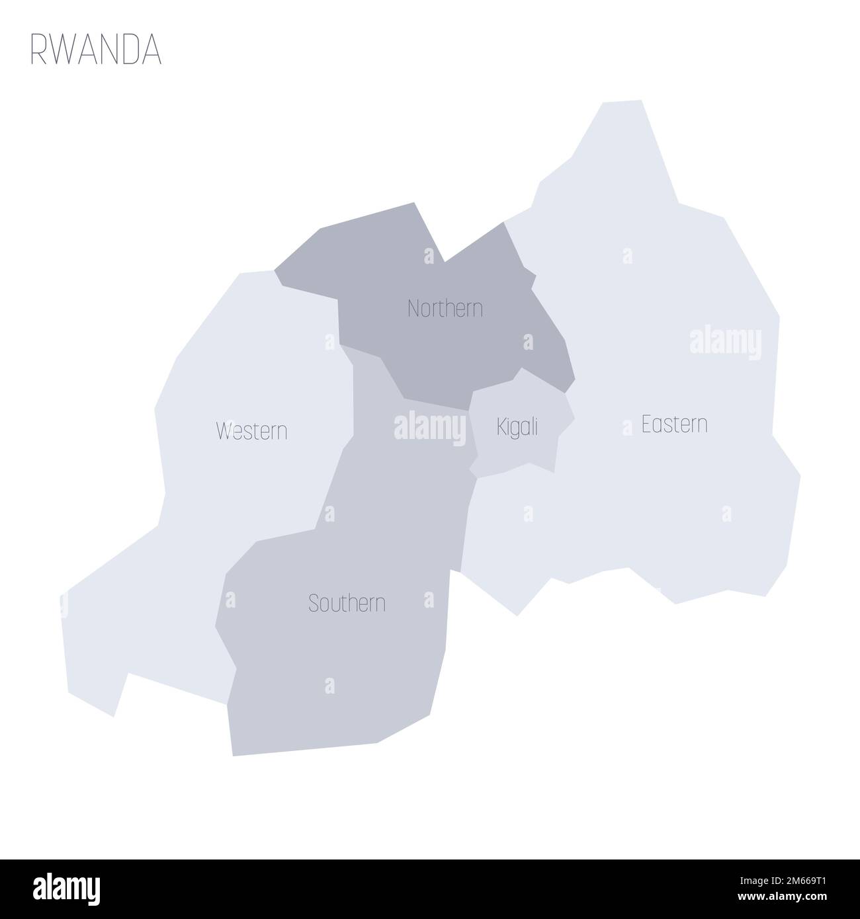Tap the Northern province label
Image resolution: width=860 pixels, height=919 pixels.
(x=445, y=308)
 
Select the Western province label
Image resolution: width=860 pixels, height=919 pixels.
(x=251, y=432)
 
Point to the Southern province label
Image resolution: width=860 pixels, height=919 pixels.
(x=347, y=603)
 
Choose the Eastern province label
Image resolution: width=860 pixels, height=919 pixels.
(x=674, y=424)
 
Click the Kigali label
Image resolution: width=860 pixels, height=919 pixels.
(x=517, y=428)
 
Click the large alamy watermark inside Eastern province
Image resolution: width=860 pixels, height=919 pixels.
(x=725, y=343)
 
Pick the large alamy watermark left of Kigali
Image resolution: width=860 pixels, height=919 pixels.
(x=429, y=428)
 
